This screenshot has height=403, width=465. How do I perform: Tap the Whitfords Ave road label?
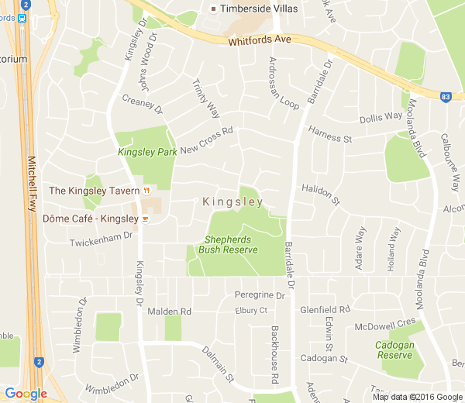tap(260, 40)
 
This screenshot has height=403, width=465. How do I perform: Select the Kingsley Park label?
tap(147, 153)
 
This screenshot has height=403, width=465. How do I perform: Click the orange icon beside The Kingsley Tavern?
tap(145, 191)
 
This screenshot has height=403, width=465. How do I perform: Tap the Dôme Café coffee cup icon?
tap(144, 219)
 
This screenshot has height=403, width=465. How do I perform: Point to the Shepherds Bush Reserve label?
tap(228, 244)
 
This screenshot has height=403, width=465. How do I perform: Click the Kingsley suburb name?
tap(232, 202)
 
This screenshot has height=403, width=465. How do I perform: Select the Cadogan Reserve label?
tap(394, 350)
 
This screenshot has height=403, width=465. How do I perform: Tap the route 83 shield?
tap(445, 97)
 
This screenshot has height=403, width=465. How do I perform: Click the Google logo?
tap(25, 394)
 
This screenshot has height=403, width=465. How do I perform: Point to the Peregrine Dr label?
tap(260, 295)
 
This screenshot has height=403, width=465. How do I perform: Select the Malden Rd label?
tap(169, 312)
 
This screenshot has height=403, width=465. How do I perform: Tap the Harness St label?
tap(330, 135)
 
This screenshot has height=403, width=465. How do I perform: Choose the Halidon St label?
tap(321, 194)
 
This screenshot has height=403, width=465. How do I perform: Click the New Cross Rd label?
tap(206, 140)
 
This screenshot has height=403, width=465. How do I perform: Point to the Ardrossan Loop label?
tap(284, 83)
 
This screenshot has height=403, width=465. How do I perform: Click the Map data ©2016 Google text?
tap(417, 397)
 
